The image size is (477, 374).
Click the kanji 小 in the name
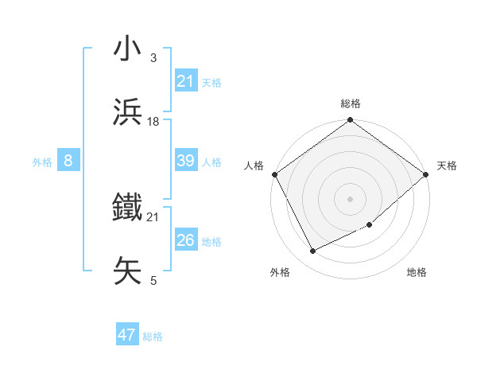tap(128, 49)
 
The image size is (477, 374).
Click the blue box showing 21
tap(185, 81)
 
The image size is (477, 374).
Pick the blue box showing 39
tap(185, 161)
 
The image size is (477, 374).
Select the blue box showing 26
tap(185, 240)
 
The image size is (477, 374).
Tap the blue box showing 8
tap(68, 161)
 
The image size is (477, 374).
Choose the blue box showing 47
tap(127, 335)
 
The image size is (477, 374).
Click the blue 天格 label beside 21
tap(211, 82)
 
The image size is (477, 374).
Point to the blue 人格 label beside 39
tap(211, 162)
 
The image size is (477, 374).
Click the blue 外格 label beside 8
tap(42, 162)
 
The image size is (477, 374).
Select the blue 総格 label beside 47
tap(153, 337)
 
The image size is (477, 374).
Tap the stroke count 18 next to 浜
tap(153, 121)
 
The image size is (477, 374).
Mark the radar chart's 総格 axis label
tap(351, 104)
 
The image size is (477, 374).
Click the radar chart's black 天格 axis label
tap(447, 166)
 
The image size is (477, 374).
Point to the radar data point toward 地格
tap(370, 224)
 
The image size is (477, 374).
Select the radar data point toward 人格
tap(274, 174)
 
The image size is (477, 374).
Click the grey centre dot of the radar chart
tap(351, 198)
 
